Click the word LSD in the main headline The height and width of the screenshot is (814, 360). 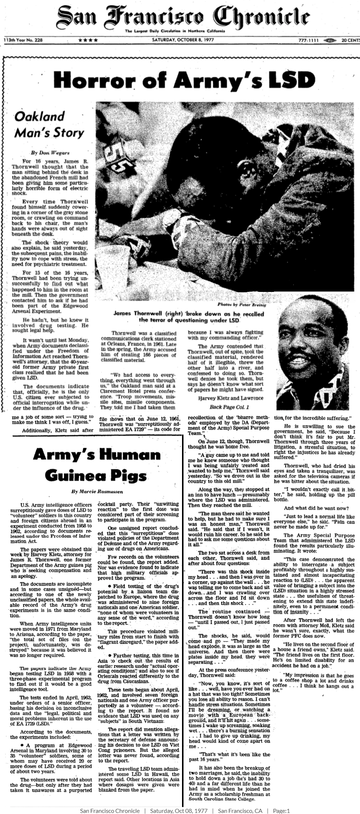293,79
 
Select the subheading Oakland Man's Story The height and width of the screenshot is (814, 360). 49,125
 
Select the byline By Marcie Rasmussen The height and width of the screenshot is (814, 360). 96,491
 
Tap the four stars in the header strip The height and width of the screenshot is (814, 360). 88,40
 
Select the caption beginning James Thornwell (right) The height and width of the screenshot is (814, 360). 189,317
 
